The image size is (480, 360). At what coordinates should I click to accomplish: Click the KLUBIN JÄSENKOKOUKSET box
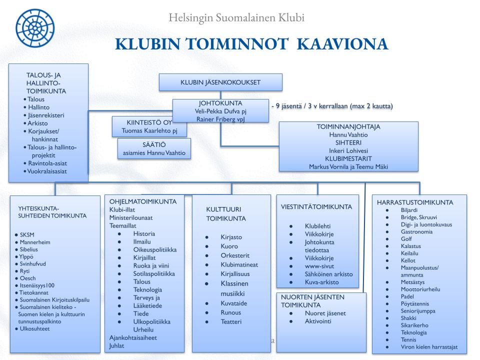click(x=220, y=82)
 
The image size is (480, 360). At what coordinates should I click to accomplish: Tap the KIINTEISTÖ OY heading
click(x=149, y=122)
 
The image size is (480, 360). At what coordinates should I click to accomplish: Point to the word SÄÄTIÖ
click(x=154, y=144)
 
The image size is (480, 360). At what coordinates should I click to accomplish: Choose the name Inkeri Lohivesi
click(x=348, y=150)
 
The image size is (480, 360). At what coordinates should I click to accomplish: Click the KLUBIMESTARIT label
click(x=348, y=158)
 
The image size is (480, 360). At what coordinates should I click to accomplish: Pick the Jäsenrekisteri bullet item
click(x=49, y=115)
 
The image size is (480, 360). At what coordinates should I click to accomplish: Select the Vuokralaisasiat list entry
click(x=50, y=171)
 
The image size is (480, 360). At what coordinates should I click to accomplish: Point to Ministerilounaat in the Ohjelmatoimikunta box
click(x=131, y=218)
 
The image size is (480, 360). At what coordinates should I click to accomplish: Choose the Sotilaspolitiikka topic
click(x=154, y=273)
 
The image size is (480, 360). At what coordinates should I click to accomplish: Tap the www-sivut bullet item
click(x=319, y=266)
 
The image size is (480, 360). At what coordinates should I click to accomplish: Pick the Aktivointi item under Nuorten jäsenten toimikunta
click(x=318, y=321)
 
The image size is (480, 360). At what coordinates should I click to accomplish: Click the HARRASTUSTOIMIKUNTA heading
click(x=415, y=202)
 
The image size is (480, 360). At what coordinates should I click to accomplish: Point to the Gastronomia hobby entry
click(x=416, y=231)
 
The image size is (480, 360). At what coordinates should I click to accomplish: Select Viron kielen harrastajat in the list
click(x=429, y=347)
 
